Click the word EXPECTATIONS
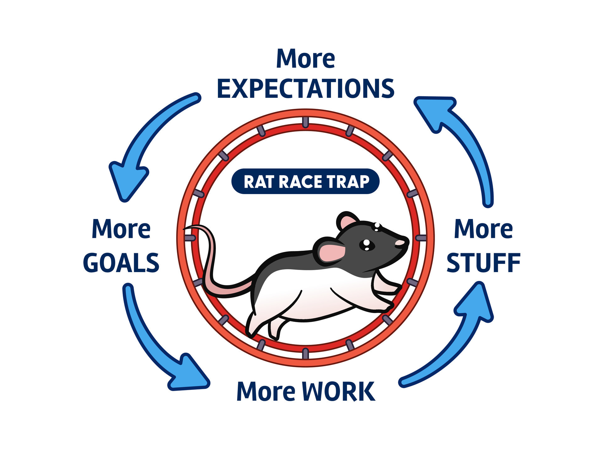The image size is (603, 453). pyautogui.click(x=305, y=89)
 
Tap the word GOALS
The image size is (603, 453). pyautogui.click(x=121, y=263)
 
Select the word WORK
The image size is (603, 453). pyautogui.click(x=338, y=391)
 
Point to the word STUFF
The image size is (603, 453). pyautogui.click(x=483, y=263)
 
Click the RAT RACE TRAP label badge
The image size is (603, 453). pyautogui.click(x=305, y=182)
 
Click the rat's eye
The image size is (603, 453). pyautogui.click(x=366, y=245)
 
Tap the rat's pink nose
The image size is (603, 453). pyautogui.click(x=399, y=243)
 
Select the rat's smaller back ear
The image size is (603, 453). pyautogui.click(x=347, y=221)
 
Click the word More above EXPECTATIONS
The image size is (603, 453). pyautogui.click(x=305, y=59)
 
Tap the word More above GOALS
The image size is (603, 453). pyautogui.click(x=121, y=229)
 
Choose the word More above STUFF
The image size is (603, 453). pyautogui.click(x=483, y=229)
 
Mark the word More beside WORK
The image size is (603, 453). pyautogui.click(x=266, y=391)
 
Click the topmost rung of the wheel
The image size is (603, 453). pyautogui.click(x=305, y=122)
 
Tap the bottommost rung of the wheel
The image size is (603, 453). pyautogui.click(x=305, y=353)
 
